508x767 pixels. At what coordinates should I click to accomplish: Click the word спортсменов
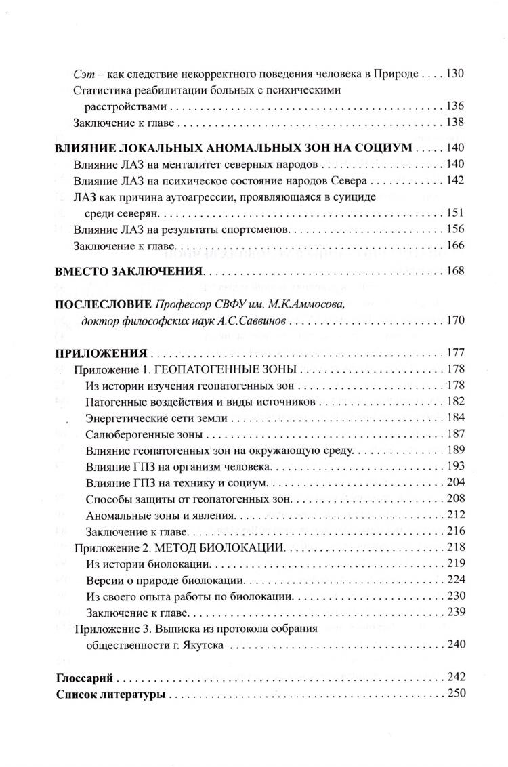256,230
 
